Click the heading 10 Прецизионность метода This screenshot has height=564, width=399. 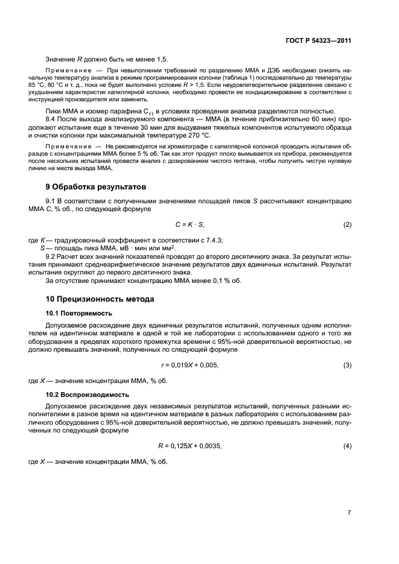(x=100, y=299)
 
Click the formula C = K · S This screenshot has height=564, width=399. (x=190, y=225)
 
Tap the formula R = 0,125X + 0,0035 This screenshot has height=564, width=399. (x=190, y=446)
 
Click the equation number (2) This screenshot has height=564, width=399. (x=347, y=225)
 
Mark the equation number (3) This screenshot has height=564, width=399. (x=347, y=366)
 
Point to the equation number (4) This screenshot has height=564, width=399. (x=347, y=446)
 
